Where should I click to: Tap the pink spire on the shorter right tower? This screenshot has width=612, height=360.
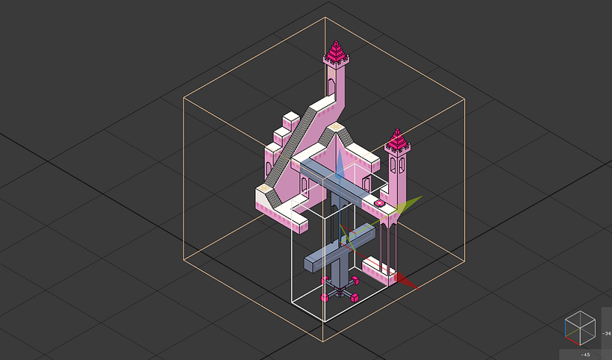click(397, 140)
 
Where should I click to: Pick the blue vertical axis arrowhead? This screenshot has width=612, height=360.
click(340, 168)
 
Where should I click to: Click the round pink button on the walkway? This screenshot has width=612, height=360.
click(379, 202)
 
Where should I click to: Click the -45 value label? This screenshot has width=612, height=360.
click(586, 354)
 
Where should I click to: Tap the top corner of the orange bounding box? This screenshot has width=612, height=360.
click(325, 17)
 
